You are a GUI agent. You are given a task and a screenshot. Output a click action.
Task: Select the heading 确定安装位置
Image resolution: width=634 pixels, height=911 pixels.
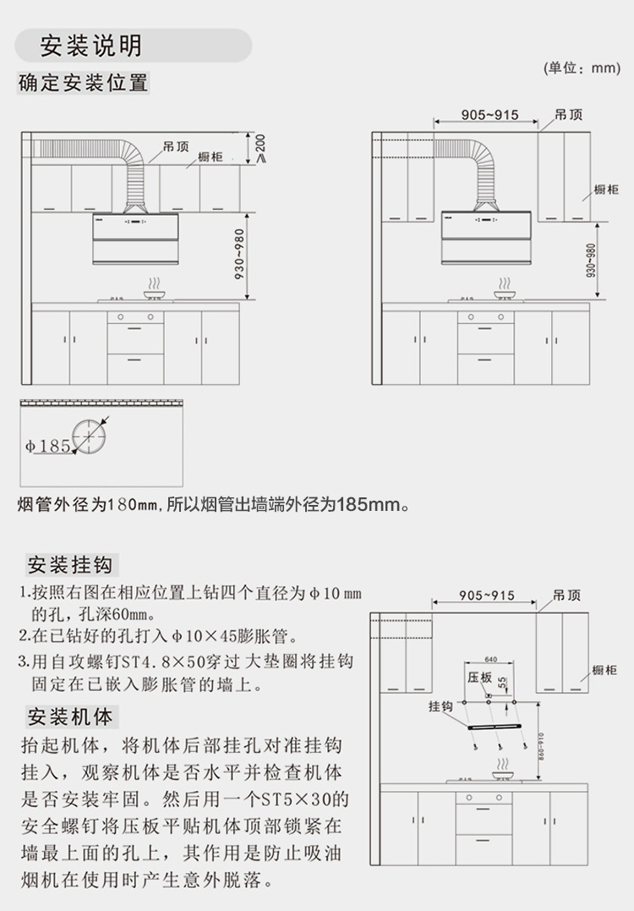[x=83, y=83]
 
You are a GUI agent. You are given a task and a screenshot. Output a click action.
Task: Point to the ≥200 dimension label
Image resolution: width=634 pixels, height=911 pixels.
[x=260, y=149]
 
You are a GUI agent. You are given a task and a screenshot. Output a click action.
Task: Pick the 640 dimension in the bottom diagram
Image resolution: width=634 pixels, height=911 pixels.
[x=490, y=659]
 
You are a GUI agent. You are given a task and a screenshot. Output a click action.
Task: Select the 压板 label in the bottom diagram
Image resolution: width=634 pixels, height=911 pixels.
[x=479, y=678]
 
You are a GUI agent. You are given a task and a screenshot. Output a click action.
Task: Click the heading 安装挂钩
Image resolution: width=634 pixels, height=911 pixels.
[x=69, y=564]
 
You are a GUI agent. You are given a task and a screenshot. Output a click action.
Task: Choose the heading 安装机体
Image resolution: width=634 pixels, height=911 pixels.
[x=69, y=717]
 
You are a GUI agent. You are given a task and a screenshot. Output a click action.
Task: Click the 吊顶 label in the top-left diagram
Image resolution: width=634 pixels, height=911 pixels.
[x=176, y=146]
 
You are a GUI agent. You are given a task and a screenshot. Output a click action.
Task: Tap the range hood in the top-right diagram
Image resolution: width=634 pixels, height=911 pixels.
[x=484, y=232]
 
